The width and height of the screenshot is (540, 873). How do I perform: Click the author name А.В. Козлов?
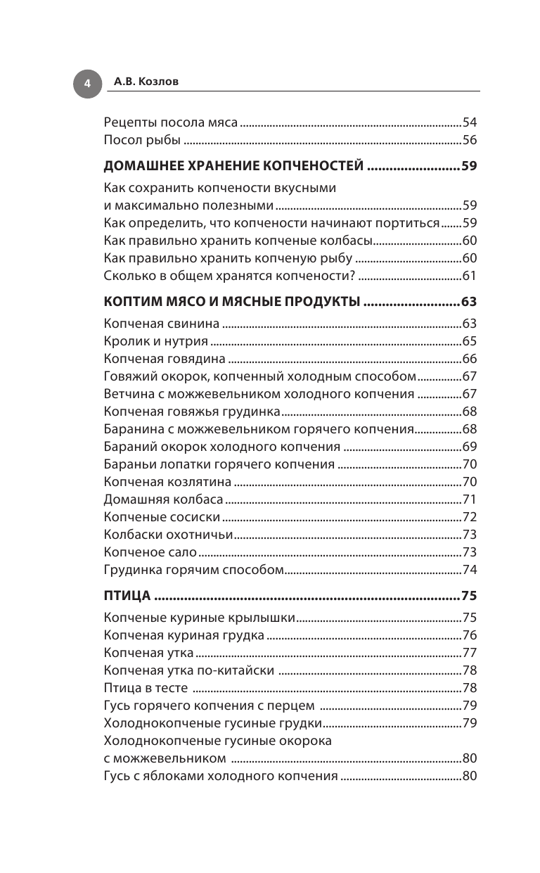coord(146,82)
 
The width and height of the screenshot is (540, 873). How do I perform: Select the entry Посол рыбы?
coord(143,140)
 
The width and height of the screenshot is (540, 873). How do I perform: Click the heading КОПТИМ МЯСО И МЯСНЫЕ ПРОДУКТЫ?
coord(232,302)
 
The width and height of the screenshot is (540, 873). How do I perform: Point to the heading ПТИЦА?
coord(127,596)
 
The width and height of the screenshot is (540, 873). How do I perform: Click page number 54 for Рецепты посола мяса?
coord(469,122)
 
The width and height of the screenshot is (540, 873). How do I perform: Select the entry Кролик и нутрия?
coord(155,342)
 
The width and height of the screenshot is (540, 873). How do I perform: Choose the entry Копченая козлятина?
coord(167,482)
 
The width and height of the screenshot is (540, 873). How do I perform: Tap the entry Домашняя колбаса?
coord(163,499)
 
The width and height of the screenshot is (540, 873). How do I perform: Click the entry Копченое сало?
coord(150,552)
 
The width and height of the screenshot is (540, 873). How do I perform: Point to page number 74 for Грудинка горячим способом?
coord(469,570)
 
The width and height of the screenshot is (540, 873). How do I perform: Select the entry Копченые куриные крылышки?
coord(198,618)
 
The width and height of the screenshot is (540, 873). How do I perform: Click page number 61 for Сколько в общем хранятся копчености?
coord(469,276)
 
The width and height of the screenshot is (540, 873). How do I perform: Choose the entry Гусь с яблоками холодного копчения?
coord(220,777)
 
